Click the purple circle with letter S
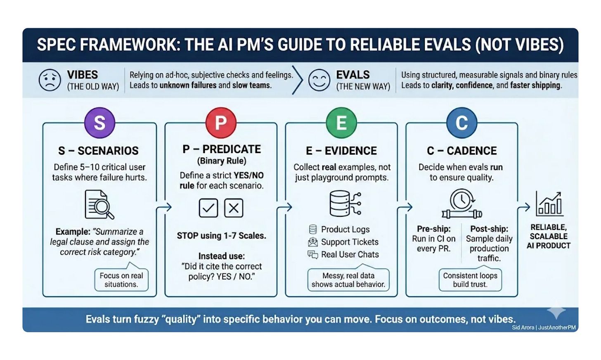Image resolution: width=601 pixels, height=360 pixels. pos(99,123)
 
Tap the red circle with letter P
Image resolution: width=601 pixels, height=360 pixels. pos(221,123)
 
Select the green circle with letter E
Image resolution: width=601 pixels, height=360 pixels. pos(341,123)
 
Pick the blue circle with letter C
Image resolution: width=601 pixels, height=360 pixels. pos(461,123)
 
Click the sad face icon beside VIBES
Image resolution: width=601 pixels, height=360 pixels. pos(50,80)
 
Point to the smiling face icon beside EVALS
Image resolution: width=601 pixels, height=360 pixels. pos(319,80)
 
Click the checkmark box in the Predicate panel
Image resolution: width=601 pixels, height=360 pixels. pos(208,208)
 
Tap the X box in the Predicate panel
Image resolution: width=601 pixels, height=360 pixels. pos(234,208)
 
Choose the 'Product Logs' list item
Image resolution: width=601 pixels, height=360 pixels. pos(345,230)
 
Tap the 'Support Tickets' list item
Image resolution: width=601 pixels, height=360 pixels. pos(349,242)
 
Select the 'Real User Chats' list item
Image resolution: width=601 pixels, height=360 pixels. pos(350,255)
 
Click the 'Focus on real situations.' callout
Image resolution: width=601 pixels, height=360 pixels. pos(121,280)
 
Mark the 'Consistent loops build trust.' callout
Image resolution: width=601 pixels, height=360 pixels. pos(470,280)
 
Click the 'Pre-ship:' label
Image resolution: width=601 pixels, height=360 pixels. pos(433,229)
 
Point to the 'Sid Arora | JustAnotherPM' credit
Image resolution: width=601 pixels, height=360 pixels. pos(544,327)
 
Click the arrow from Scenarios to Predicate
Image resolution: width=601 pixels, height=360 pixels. pos(163,207)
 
